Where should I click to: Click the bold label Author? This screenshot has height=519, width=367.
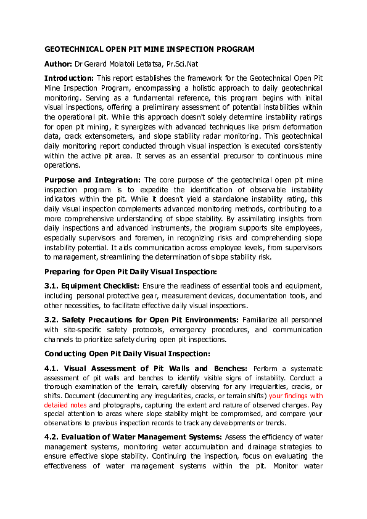(x=58, y=64)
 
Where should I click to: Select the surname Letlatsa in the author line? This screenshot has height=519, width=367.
(x=159, y=64)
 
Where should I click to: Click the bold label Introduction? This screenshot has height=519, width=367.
(x=69, y=79)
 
